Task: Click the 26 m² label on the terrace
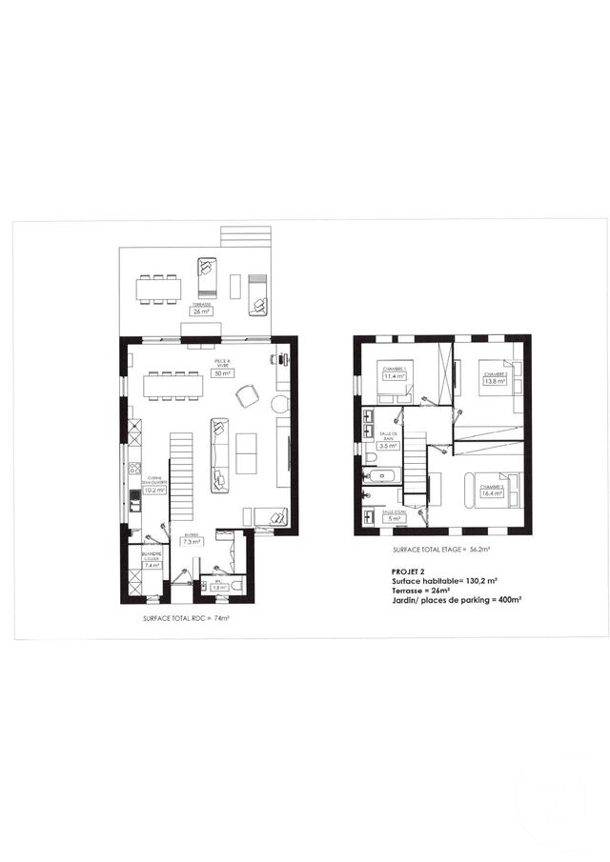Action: click(201, 311)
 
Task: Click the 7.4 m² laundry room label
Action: click(150, 565)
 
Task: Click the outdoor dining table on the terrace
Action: click(158, 289)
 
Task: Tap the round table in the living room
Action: click(279, 405)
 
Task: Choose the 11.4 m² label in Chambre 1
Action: click(394, 376)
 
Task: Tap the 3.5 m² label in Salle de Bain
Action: click(388, 445)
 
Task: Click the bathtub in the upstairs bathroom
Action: click(384, 473)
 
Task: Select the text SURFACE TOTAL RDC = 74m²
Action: click(186, 618)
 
